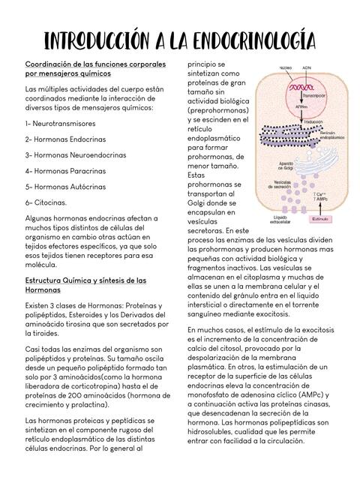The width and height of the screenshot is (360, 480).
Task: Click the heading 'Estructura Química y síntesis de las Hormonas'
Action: (85, 284)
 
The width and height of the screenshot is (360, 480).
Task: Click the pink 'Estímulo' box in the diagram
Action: (321, 220)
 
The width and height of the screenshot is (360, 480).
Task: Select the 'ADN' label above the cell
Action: (306, 67)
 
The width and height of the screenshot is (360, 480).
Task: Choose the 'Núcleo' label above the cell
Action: (285, 67)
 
